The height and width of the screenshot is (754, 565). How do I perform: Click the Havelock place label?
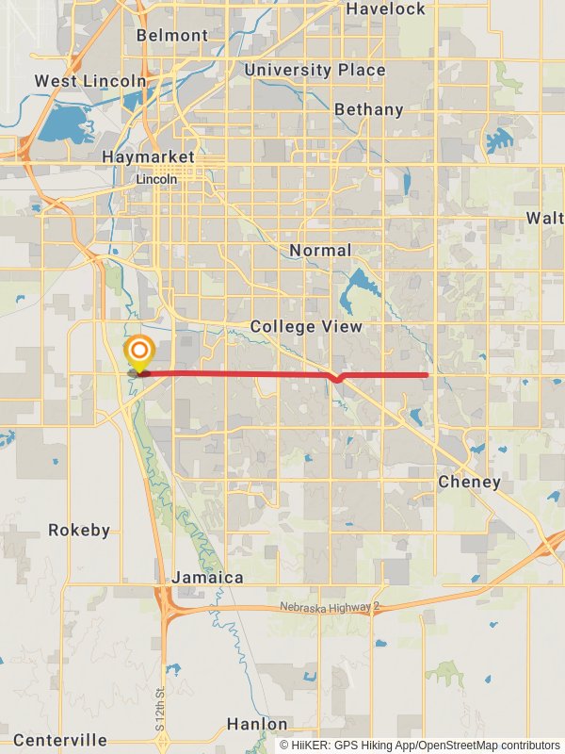click(386, 8)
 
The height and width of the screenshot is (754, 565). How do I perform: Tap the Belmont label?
click(172, 35)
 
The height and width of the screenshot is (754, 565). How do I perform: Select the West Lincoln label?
click(91, 81)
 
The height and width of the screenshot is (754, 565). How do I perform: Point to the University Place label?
click(315, 70)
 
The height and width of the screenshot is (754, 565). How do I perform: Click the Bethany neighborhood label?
click(369, 109)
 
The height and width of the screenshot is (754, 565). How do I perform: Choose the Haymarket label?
click(148, 156)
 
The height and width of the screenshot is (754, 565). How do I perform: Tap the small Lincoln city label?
click(156, 179)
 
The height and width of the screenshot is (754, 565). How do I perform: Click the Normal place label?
click(320, 251)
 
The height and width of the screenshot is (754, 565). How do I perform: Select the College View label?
click(306, 327)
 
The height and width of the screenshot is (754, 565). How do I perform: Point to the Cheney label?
click(470, 482)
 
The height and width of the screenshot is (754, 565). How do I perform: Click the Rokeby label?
click(79, 531)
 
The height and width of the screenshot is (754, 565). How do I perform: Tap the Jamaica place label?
click(208, 577)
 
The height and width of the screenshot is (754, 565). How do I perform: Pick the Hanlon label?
click(257, 724)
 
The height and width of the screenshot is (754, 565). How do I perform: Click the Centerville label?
click(60, 740)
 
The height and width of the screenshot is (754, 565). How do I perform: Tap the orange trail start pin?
click(139, 353)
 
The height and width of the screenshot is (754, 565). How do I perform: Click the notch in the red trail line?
click(337, 379)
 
